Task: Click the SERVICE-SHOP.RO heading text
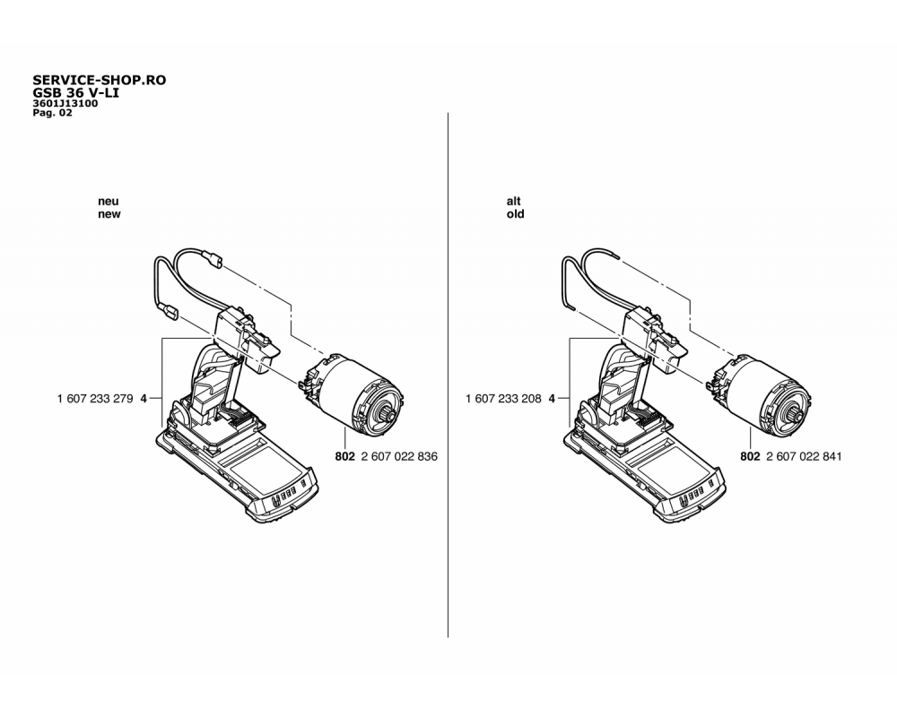point(99,80)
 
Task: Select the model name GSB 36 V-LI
point(75,92)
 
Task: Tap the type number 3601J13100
point(65,103)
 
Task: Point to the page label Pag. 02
point(52,113)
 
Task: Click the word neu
point(109,202)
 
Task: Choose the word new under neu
point(109,214)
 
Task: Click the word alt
point(514,201)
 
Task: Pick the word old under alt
point(515,214)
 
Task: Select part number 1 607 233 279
point(95,399)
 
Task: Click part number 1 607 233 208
point(503,399)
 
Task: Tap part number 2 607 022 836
point(399,456)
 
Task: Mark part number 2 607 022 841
point(804,456)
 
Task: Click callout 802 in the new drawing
point(345,456)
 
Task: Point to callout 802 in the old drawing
point(750,456)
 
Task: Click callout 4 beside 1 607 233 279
point(144,399)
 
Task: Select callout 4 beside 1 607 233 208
point(552,399)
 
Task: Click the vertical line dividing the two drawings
point(448,375)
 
